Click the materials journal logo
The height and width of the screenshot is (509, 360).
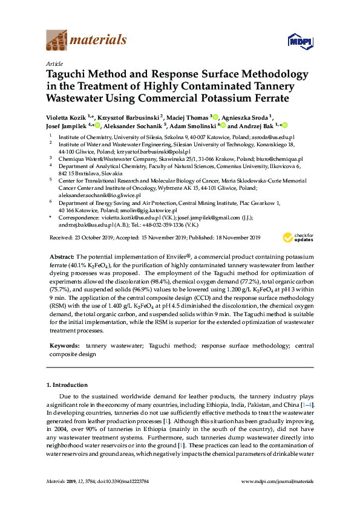click(x=87, y=41)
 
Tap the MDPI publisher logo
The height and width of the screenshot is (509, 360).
click(x=300, y=41)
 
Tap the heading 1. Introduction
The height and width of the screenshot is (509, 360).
click(x=67, y=384)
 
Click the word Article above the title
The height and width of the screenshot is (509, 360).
click(x=54, y=63)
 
